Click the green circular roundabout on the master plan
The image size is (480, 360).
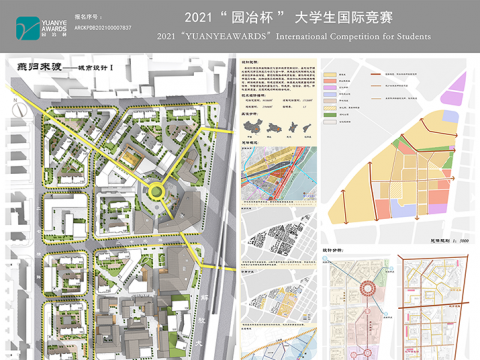click(157, 190)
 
